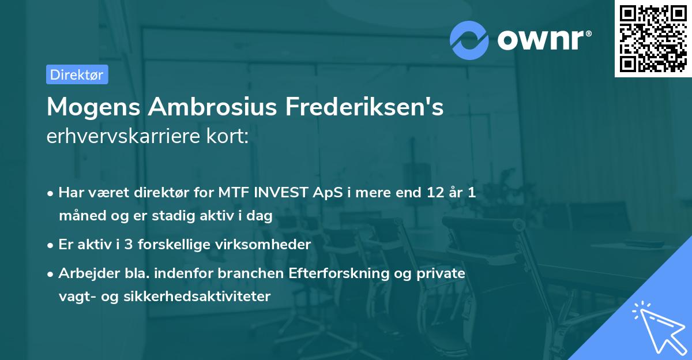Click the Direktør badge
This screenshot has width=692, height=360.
click(77, 74)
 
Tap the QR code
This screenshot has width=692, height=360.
click(652, 38)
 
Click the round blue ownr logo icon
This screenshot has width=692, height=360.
click(469, 40)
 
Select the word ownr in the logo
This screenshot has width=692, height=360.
click(544, 40)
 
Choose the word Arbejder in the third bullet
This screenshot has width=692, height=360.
click(84, 273)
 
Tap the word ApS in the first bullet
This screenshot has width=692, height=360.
click(326, 193)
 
